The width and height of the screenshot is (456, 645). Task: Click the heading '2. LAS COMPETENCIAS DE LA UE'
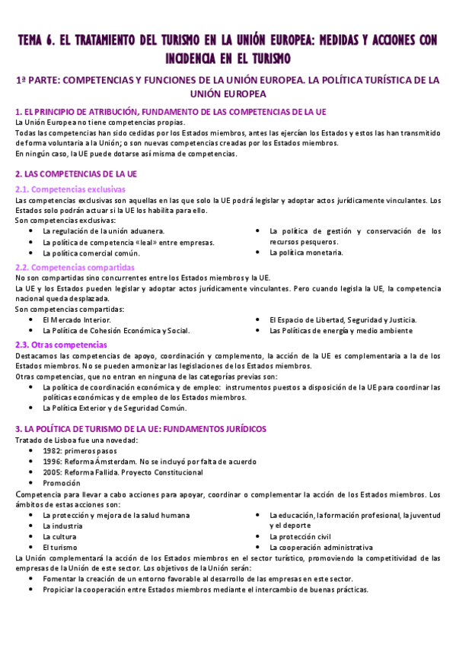coord(76,173)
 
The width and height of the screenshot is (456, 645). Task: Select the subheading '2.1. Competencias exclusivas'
coord(71,189)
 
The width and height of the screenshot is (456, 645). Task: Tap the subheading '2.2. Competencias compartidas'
coord(75,267)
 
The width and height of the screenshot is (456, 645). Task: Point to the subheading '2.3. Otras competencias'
coord(62,345)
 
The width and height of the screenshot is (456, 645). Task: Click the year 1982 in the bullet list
coord(53,451)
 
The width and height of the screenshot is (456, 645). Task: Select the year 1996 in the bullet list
coord(53,462)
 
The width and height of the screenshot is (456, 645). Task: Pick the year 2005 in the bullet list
coord(53,472)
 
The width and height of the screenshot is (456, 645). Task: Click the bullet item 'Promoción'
coord(62,483)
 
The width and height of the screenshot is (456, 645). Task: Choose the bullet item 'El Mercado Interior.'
coord(76,320)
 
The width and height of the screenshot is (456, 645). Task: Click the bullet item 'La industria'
coord(62,526)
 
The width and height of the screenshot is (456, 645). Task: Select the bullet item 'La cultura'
coord(60,536)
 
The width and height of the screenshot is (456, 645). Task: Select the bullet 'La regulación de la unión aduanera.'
coord(104,231)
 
